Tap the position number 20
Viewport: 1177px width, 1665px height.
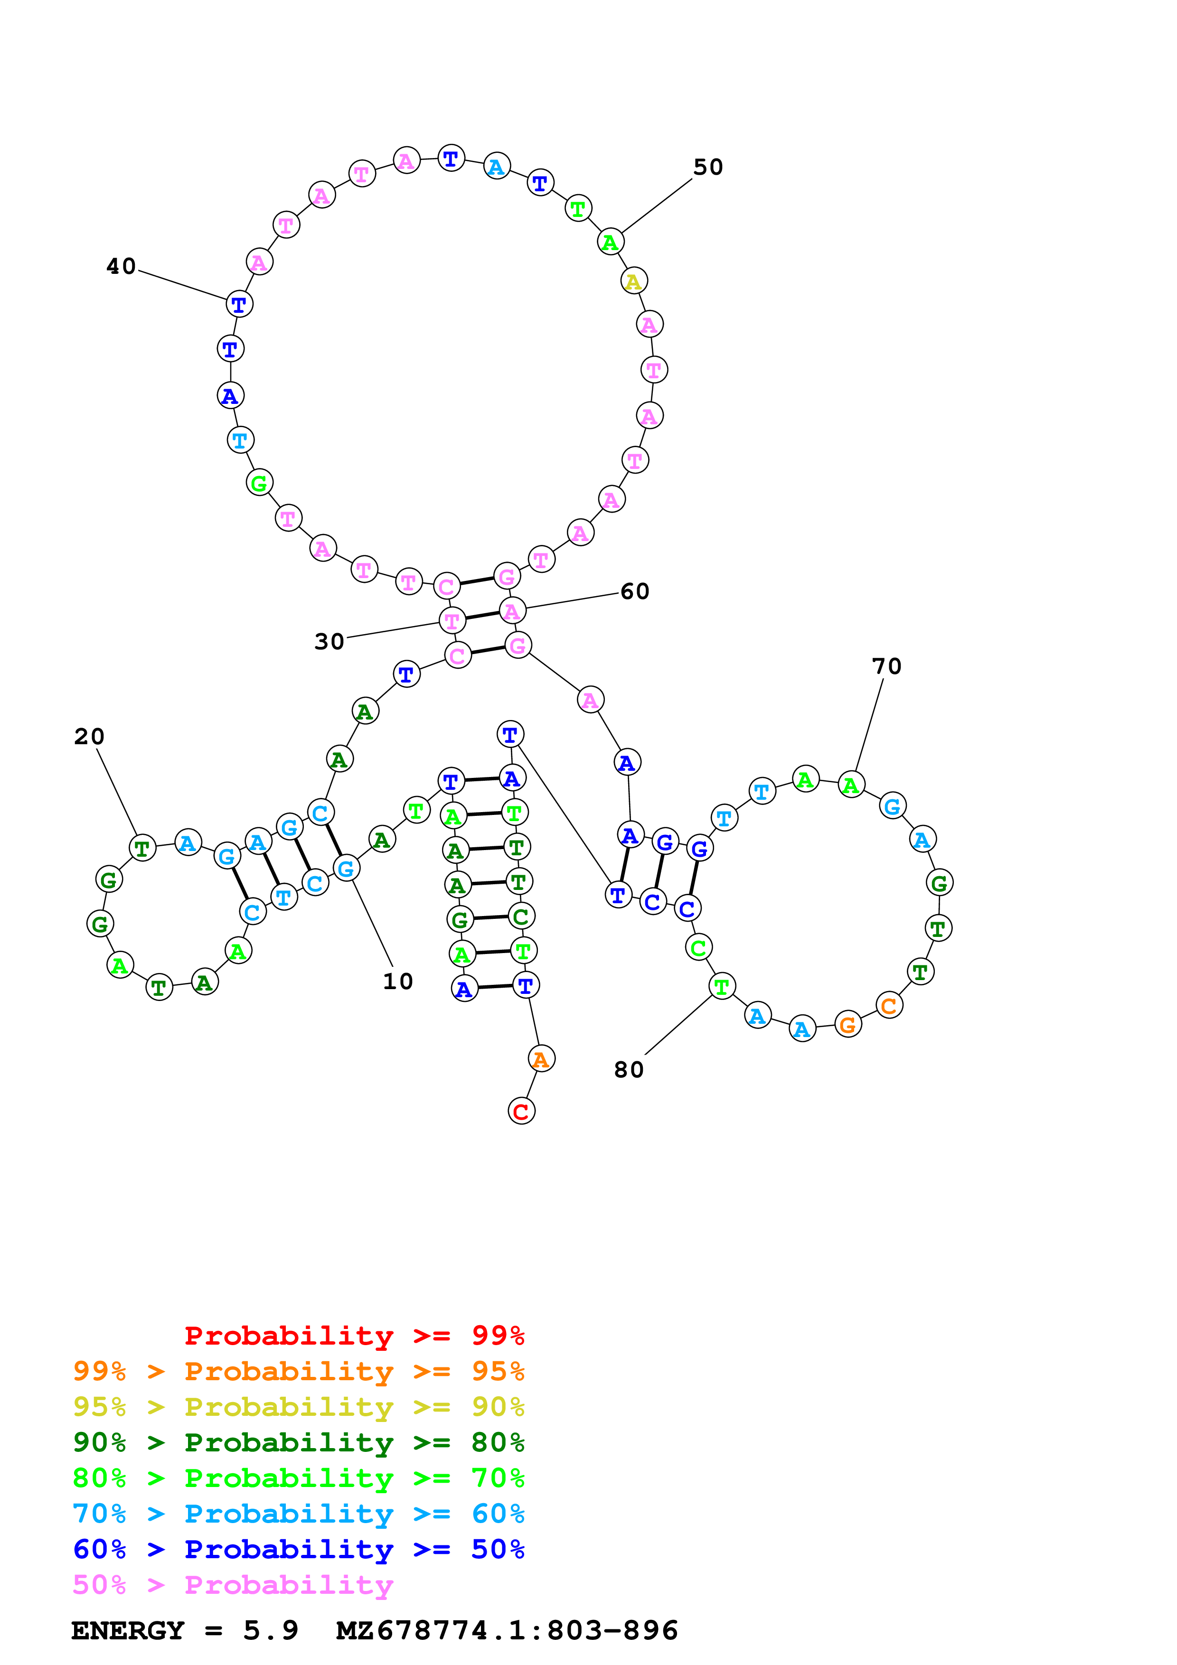tap(89, 737)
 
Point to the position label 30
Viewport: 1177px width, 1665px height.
tap(329, 642)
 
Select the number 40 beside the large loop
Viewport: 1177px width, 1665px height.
tap(121, 267)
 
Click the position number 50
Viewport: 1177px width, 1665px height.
tap(708, 168)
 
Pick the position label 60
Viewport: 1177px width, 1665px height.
tap(634, 592)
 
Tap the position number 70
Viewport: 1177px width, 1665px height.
tap(886, 666)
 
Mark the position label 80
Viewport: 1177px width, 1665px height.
tap(629, 1070)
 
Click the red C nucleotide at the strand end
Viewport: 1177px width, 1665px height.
tap(521, 1111)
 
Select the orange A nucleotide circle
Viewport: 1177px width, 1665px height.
tap(541, 1059)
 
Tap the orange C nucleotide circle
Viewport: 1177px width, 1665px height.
tap(889, 1006)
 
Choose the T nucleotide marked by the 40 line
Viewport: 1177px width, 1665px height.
tap(239, 305)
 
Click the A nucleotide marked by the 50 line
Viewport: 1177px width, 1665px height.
tap(611, 242)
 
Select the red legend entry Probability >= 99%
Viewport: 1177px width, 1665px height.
tap(354, 1336)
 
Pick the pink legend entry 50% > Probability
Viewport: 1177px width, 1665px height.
tap(233, 1585)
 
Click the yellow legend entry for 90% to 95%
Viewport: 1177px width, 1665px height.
tap(298, 1407)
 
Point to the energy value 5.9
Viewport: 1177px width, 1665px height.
tap(271, 1631)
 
